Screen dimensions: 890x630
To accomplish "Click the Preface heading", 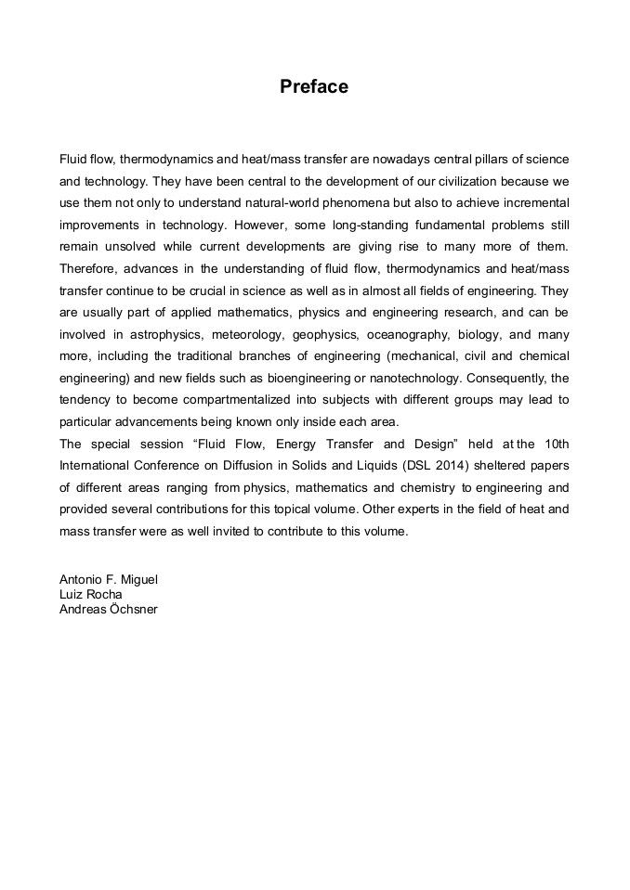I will pos(314,87).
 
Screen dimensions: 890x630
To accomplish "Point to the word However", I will pos(260,226).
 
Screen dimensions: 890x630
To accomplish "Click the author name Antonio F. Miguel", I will pos(109,580).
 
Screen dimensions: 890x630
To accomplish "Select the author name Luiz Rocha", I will pos(91,594).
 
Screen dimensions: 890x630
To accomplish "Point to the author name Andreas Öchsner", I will pos(109,609).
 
